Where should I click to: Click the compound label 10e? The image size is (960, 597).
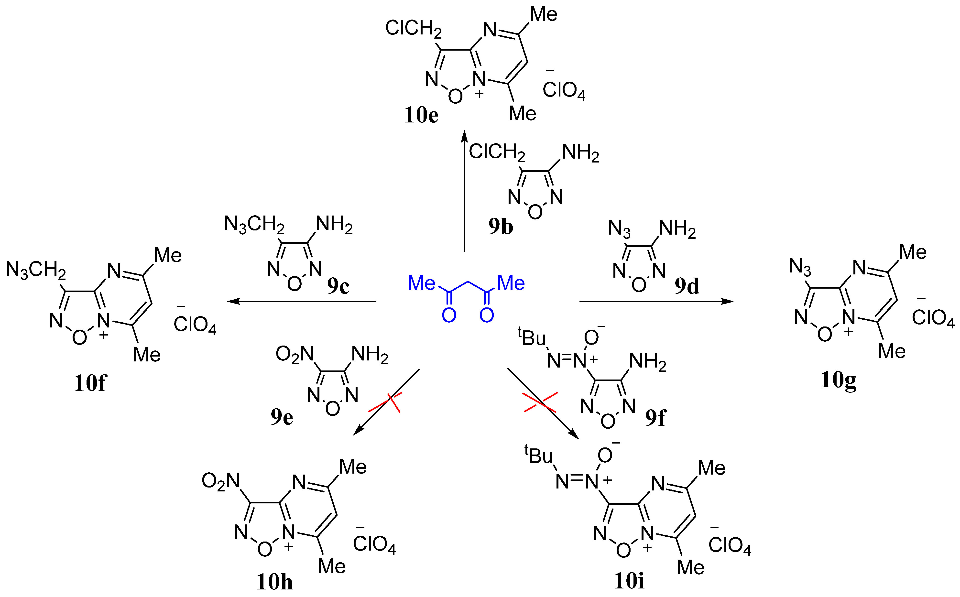pos(421,115)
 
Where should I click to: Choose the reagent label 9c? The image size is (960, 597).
pos(338,286)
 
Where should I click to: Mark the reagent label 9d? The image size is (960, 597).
pos(687,286)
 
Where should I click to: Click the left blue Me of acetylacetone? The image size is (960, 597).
pos(421,283)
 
